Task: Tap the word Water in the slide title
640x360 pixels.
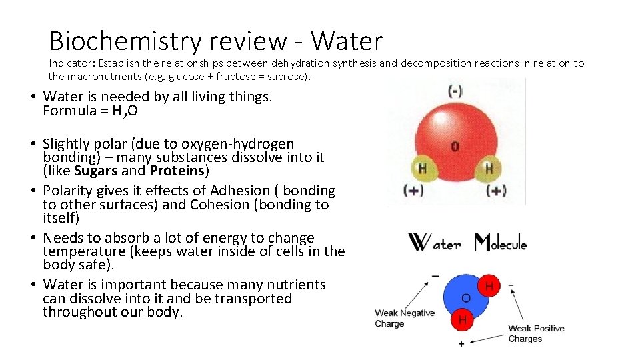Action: pos(347,41)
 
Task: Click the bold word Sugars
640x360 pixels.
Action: pos(96,171)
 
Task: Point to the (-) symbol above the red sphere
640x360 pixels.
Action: pos(456,90)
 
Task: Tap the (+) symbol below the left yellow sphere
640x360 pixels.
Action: pos(413,191)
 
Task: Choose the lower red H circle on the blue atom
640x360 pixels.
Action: pos(462,320)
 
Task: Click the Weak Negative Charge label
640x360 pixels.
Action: pos(404,318)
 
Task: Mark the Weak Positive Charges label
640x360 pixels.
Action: pos(535,333)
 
